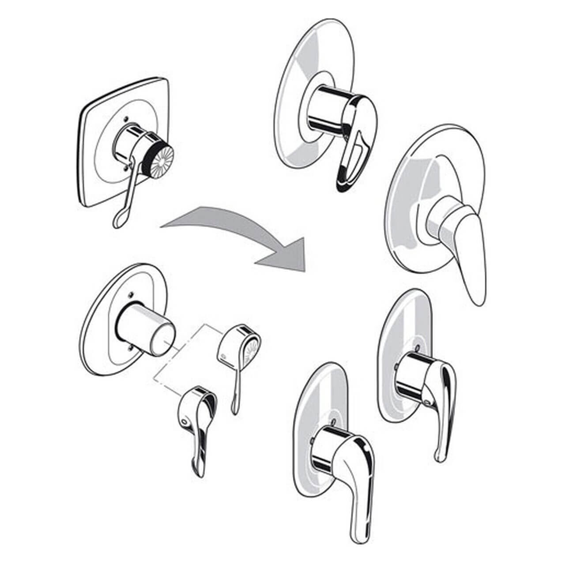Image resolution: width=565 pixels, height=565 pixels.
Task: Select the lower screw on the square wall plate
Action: point(127,167)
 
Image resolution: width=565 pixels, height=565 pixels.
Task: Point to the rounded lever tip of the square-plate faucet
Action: point(118,223)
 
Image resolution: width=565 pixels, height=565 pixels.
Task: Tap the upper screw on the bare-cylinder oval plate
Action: point(130,293)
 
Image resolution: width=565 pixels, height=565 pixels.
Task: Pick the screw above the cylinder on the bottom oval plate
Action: point(334,422)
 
